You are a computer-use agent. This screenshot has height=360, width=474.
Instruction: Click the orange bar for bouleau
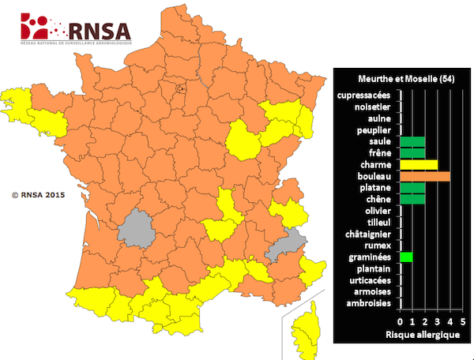[x=425, y=176]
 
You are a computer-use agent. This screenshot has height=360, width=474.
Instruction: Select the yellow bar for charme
[x=419, y=164]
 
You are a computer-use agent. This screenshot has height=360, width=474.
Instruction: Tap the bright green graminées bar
[x=406, y=257]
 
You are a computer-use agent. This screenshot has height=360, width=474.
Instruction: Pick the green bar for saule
[x=412, y=141]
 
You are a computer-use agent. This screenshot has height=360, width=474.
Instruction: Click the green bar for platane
[x=412, y=188]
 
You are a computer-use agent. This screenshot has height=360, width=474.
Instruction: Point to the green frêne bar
[x=412, y=153]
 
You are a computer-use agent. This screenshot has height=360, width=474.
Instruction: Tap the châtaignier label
[x=368, y=234]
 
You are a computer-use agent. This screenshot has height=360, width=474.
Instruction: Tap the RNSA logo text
[x=99, y=31]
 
